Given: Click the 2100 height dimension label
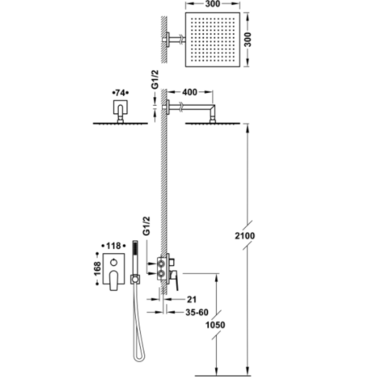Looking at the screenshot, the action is click(x=245, y=236).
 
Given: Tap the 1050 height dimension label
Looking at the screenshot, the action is click(x=215, y=325).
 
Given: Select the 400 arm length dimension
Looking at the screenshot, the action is click(x=190, y=92).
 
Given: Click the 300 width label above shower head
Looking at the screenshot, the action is click(x=213, y=4).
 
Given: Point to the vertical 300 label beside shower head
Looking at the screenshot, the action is click(x=247, y=40).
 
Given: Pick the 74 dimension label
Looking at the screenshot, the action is click(x=120, y=93).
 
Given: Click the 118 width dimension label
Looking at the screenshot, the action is click(x=113, y=246).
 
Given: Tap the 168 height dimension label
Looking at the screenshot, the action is click(x=97, y=268).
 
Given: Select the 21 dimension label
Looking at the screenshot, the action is click(x=192, y=299).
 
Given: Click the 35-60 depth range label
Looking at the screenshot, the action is click(x=197, y=312).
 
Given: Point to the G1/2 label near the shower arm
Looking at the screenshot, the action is click(x=156, y=79).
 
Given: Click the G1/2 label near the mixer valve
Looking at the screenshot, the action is click(x=146, y=226).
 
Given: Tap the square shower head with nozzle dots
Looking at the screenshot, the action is click(x=213, y=40).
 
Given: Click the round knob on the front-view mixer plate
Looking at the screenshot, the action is click(x=114, y=262).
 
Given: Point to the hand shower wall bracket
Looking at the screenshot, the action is click(x=135, y=279).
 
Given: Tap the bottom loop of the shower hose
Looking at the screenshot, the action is click(x=139, y=359).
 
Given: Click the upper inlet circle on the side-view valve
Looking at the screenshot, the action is click(x=161, y=264).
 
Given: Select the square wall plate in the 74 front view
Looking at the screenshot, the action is click(x=120, y=107).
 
